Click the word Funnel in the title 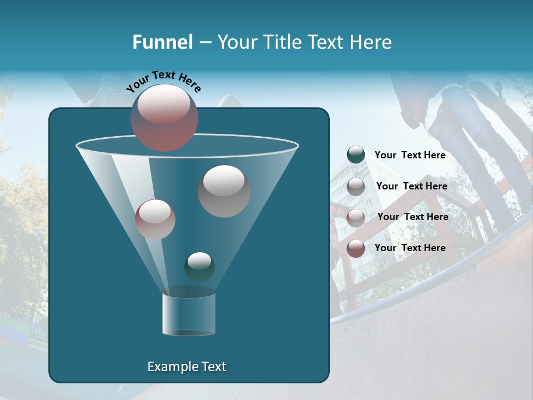click(163, 42)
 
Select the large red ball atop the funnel click(164, 118)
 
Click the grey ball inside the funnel click(224, 191)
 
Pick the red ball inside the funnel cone click(155, 219)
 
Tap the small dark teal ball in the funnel click(199, 267)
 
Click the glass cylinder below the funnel click(189, 314)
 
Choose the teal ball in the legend click(356, 155)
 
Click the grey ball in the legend click(356, 186)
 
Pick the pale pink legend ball click(356, 217)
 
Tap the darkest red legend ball click(356, 248)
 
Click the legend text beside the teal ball click(410, 155)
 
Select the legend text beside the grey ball click(411, 186)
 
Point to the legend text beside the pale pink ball click(413, 217)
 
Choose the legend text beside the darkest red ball click(410, 248)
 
